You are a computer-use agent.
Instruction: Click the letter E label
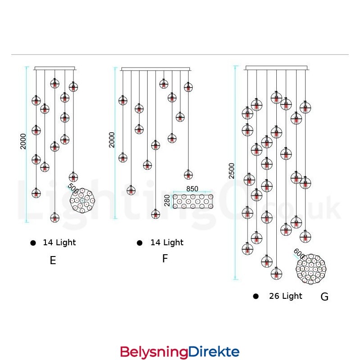53,261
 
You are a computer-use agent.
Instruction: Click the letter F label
165,259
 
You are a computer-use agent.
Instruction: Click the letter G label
324,297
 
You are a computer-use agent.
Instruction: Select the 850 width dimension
193,189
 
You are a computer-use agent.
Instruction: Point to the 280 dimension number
167,201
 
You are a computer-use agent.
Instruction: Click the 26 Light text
285,296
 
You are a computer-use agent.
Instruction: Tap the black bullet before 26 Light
256,296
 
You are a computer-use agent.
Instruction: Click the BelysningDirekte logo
180,351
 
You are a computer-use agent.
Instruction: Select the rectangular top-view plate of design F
193,201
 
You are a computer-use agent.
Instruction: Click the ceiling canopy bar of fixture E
55,69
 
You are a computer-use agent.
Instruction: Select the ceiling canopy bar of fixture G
276,68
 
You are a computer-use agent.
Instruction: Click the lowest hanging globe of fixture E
54,218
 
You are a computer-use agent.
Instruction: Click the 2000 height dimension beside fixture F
112,139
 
